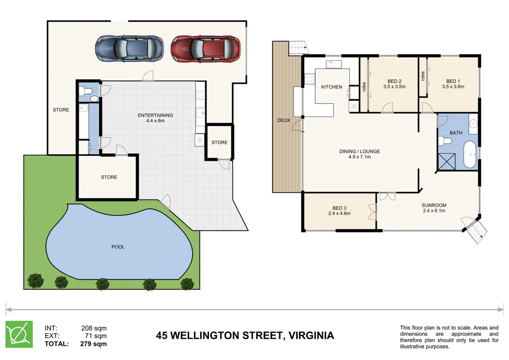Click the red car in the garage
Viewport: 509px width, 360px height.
click(x=206, y=49)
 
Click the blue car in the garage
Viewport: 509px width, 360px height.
click(x=129, y=48)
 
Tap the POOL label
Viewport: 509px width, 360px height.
click(x=118, y=247)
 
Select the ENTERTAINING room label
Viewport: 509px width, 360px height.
click(x=155, y=115)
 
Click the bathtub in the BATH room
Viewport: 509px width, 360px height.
click(x=470, y=155)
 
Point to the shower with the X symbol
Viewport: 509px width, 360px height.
click(x=447, y=161)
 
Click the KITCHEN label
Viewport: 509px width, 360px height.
click(x=332, y=87)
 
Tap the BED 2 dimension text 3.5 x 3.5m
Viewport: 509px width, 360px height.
click(x=394, y=86)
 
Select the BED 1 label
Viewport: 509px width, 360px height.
click(x=453, y=81)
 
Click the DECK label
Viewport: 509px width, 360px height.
click(x=284, y=120)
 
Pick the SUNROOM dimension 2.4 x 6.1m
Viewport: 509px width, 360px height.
click(x=434, y=211)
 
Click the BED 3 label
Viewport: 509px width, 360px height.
click(x=339, y=208)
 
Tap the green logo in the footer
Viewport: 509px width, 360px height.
click(x=19, y=334)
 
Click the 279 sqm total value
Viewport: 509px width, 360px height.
click(x=93, y=344)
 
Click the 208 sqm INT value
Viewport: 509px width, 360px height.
click(x=94, y=328)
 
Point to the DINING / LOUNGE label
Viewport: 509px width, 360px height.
click(x=360, y=151)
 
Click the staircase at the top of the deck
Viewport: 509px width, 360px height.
click(x=298, y=48)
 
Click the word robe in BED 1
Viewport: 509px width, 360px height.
click(x=423, y=76)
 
